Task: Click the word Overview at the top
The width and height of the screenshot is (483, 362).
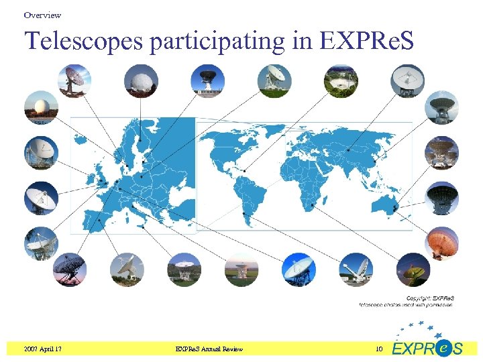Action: pyautogui.click(x=42, y=15)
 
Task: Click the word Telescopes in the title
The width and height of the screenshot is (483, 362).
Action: pyautogui.click(x=85, y=42)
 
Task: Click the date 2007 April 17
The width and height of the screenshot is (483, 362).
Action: pyautogui.click(x=46, y=349)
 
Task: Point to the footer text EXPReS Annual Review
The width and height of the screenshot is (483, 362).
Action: pyautogui.click(x=209, y=349)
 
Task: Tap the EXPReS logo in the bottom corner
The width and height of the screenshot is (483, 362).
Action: pyautogui.click(x=427, y=343)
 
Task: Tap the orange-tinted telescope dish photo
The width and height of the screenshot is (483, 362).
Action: pyautogui.click(x=441, y=243)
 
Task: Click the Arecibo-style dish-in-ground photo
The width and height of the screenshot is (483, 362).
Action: pyautogui.click(x=341, y=81)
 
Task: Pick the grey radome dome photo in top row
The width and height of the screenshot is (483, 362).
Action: pyautogui.click(x=141, y=81)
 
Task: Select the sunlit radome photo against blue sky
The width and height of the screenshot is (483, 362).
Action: pyautogui.click(x=41, y=107)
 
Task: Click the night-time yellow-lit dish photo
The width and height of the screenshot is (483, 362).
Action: pyautogui.click(x=413, y=269)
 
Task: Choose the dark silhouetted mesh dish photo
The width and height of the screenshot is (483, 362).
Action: pyautogui.click(x=70, y=269)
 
